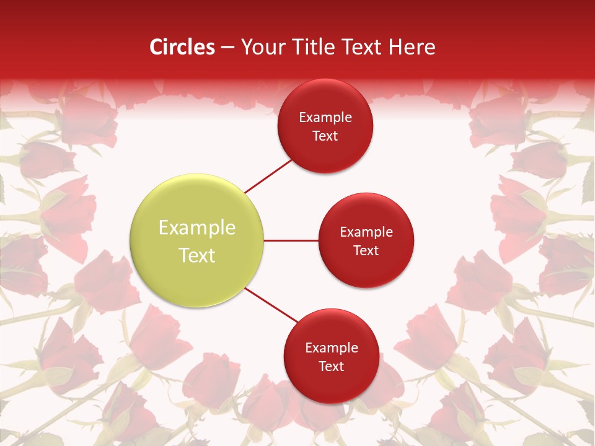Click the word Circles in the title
coord(182,47)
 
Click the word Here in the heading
coord(412,47)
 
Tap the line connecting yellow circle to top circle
coord(268,176)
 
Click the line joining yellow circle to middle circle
coord(291,240)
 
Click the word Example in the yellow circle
coord(197,228)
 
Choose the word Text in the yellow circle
coord(197,255)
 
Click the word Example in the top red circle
coord(325,118)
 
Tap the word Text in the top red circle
coord(325,136)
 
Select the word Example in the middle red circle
coord(366,232)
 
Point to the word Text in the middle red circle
coord(366,251)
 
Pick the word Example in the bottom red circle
coord(332,348)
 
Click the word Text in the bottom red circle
coord(332,367)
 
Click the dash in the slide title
coord(227,48)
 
